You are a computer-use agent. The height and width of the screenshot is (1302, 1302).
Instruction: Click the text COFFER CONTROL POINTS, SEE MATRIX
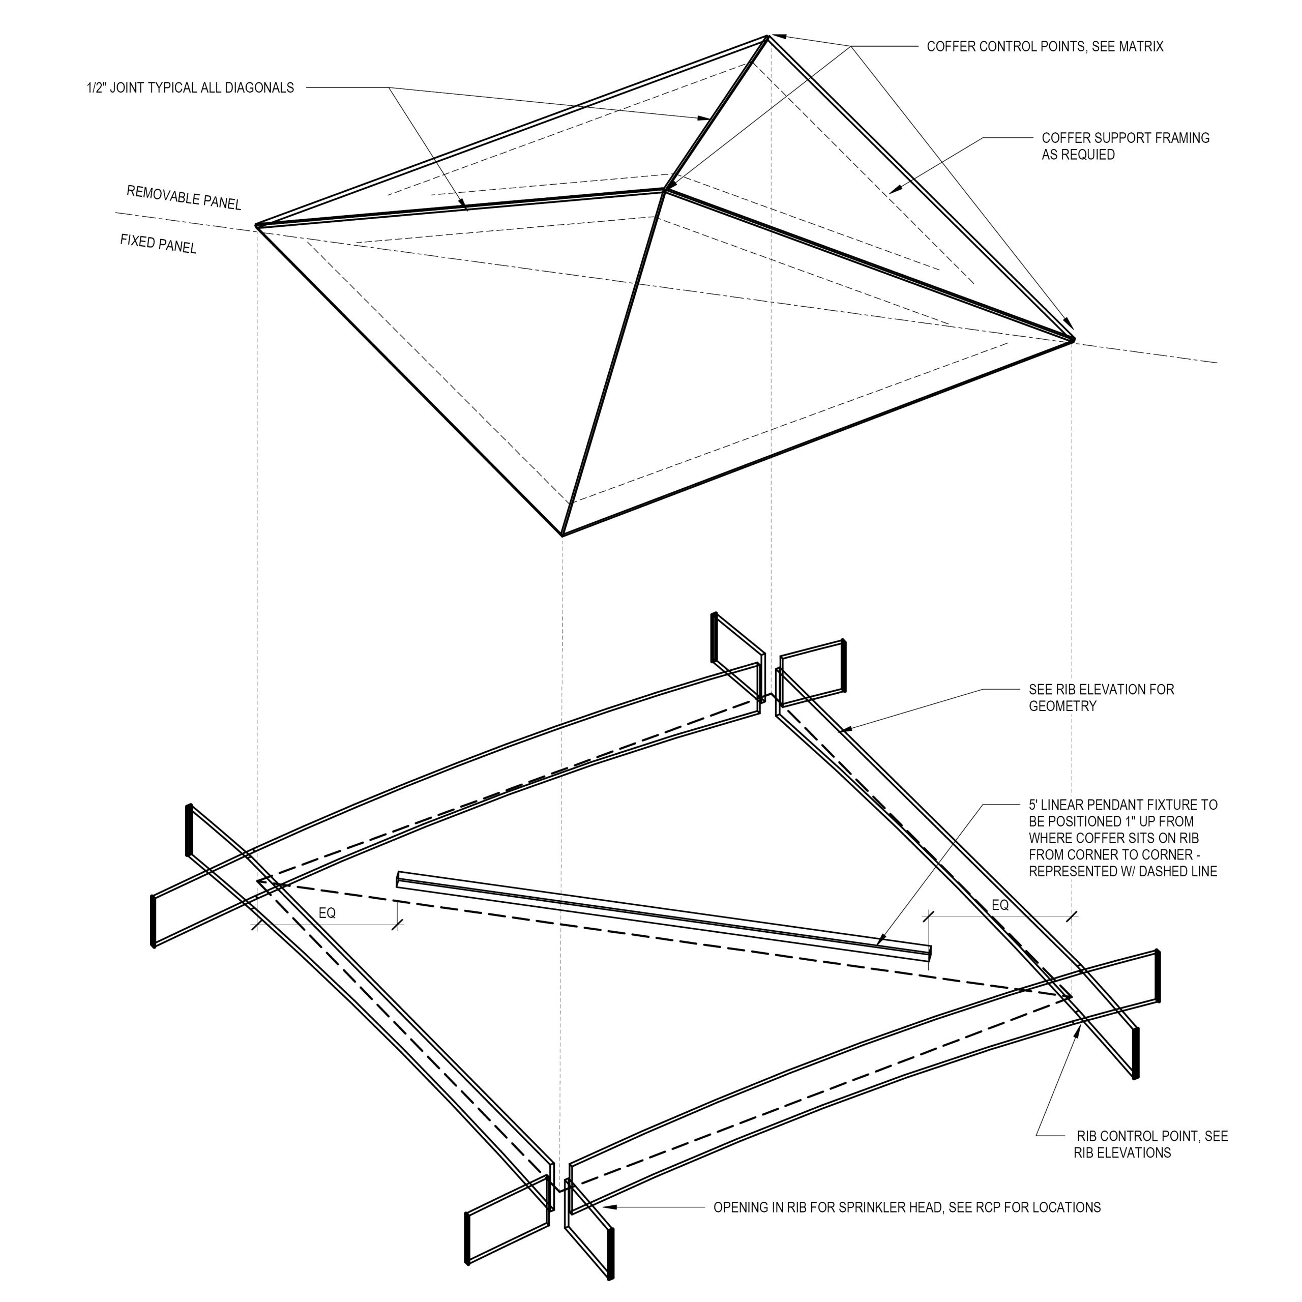[1045, 46]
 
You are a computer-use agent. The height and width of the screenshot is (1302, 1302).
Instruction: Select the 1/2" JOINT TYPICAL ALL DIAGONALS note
[190, 87]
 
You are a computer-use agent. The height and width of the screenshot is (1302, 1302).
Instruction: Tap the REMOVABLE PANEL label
[183, 197]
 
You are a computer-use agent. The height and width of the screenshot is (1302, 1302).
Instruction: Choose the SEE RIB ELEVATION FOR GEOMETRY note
[1101, 697]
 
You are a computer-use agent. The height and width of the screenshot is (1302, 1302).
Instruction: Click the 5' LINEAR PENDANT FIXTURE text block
[1122, 838]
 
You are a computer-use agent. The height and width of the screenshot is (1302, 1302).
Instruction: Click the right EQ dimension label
[1000, 906]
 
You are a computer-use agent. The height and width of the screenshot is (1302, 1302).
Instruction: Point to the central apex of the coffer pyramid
[665, 191]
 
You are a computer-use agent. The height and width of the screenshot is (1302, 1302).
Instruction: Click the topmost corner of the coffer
[767, 37]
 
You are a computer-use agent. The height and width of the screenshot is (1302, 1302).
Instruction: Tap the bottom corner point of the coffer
[562, 536]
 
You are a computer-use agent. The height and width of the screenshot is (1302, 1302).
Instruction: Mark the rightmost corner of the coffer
[1072, 340]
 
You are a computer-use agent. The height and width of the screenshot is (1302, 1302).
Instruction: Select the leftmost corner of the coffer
[256, 226]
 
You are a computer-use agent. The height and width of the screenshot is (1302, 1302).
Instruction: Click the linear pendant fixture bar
[664, 915]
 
